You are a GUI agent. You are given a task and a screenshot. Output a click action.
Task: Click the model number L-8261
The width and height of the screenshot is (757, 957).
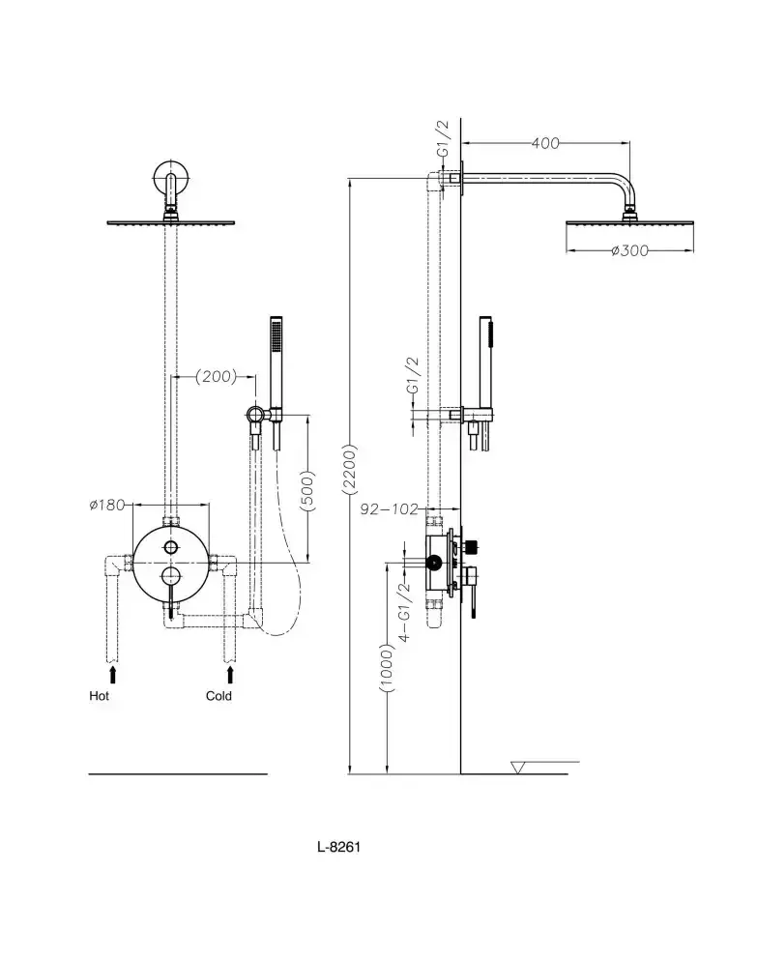(338, 847)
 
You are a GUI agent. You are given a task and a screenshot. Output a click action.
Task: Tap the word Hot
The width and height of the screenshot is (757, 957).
(99, 696)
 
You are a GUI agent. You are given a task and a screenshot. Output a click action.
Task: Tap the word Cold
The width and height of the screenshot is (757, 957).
(218, 696)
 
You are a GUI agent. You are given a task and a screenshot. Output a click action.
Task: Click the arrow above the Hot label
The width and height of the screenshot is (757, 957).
(112, 675)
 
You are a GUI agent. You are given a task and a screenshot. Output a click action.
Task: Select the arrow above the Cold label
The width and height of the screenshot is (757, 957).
(230, 675)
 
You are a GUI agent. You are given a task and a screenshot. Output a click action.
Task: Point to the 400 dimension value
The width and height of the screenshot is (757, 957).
(545, 143)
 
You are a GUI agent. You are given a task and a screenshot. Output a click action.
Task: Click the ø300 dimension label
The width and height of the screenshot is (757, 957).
(630, 250)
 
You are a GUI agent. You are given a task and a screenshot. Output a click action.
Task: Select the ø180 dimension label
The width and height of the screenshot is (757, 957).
(107, 505)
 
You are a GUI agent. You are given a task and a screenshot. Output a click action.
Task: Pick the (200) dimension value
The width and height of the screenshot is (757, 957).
(216, 376)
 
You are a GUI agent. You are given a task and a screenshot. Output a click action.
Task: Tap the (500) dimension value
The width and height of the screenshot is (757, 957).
(307, 490)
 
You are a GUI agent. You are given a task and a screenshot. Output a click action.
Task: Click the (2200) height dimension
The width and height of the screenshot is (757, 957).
(349, 469)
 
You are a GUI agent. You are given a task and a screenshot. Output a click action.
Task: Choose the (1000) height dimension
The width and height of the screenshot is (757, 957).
(387, 667)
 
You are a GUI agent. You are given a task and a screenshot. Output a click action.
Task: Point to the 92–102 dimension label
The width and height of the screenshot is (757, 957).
(389, 508)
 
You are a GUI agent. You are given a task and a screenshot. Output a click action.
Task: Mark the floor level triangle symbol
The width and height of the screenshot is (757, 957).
(517, 768)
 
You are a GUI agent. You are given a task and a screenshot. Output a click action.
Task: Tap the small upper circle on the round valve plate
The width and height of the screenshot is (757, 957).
(171, 547)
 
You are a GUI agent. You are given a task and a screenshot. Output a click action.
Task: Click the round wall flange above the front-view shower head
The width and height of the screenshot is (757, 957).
(171, 178)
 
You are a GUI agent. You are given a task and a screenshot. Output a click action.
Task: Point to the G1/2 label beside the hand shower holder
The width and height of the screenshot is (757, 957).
(413, 375)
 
